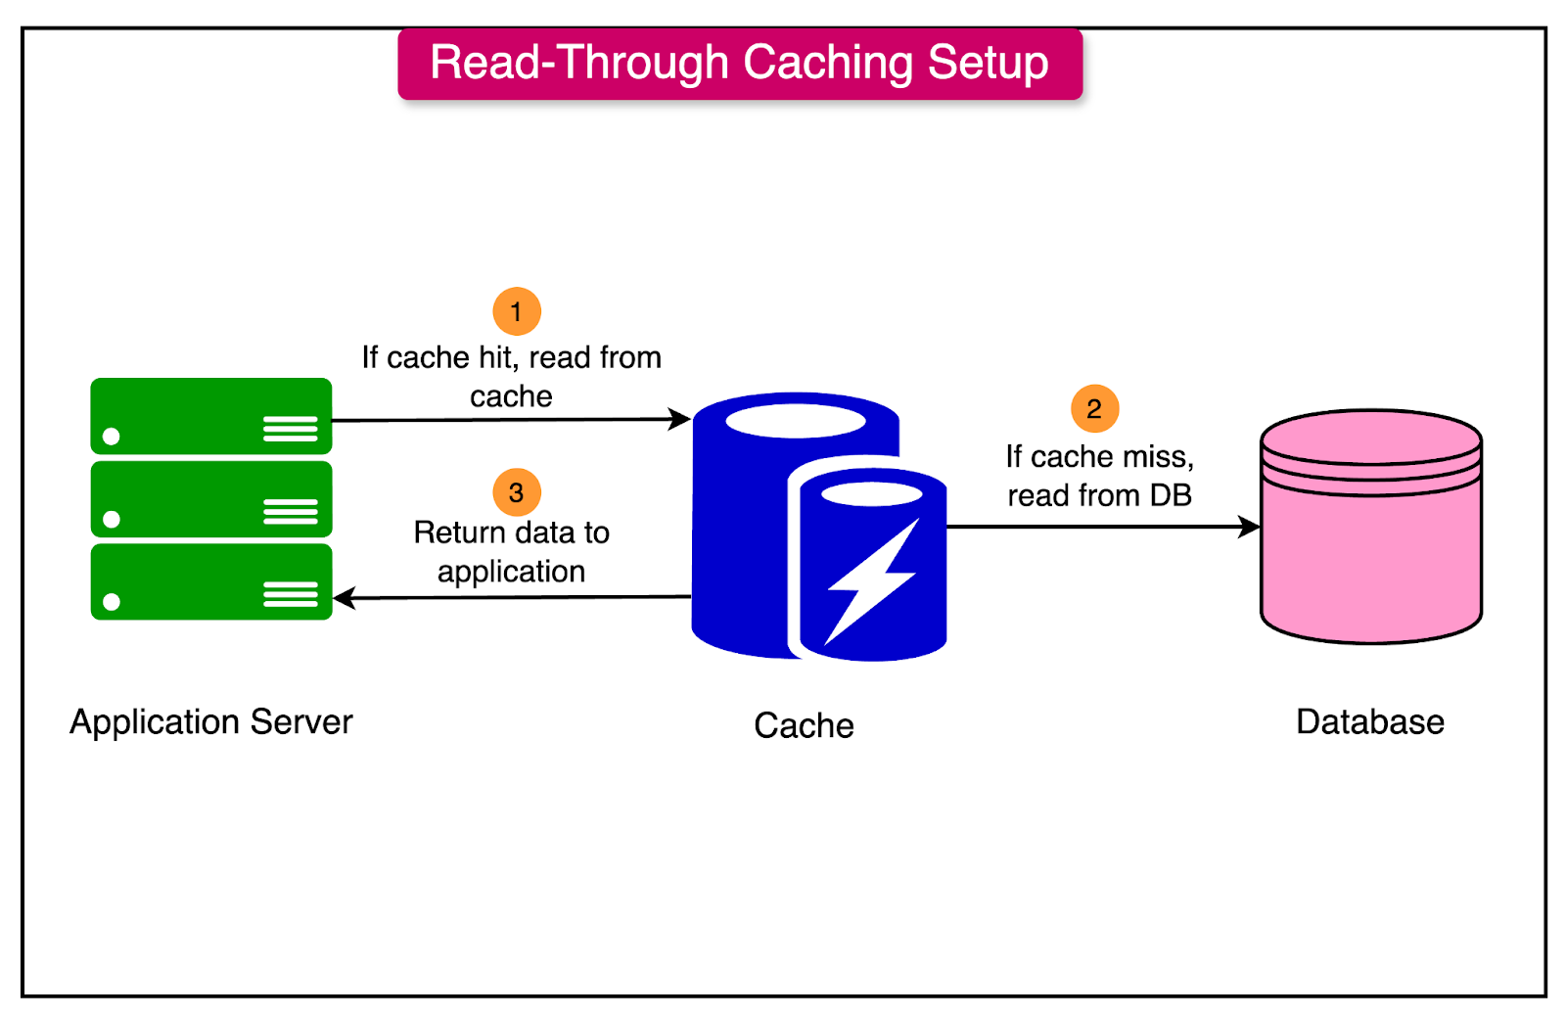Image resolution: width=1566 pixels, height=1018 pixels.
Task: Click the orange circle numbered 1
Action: click(x=517, y=312)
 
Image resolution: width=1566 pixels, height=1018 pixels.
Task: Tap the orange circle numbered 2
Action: click(x=1094, y=408)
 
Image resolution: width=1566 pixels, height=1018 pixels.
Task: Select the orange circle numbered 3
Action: click(x=517, y=492)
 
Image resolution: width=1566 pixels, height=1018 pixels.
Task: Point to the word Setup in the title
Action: click(x=988, y=63)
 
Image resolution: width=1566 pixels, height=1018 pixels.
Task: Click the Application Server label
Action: click(x=211, y=721)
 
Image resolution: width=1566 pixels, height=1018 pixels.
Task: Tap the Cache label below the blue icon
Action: click(x=804, y=725)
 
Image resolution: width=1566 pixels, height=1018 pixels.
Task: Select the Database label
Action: click(x=1369, y=721)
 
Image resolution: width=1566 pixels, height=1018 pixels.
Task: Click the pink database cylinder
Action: click(x=1370, y=548)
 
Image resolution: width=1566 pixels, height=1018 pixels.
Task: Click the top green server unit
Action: click(x=211, y=416)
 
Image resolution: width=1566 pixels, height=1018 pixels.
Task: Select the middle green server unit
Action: click(x=211, y=499)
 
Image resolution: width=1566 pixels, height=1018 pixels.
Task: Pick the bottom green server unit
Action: click(x=211, y=582)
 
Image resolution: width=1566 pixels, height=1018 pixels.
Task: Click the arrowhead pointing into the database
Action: click(x=1250, y=527)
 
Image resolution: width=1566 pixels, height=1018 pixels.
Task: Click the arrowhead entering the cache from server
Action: click(x=680, y=419)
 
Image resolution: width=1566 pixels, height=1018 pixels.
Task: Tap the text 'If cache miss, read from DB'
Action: click(x=1099, y=476)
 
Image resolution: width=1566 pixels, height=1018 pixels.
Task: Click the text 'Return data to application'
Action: click(x=511, y=552)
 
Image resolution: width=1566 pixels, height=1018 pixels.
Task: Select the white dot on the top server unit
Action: click(x=112, y=437)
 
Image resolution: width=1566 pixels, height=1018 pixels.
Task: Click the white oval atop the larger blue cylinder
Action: click(x=795, y=421)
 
